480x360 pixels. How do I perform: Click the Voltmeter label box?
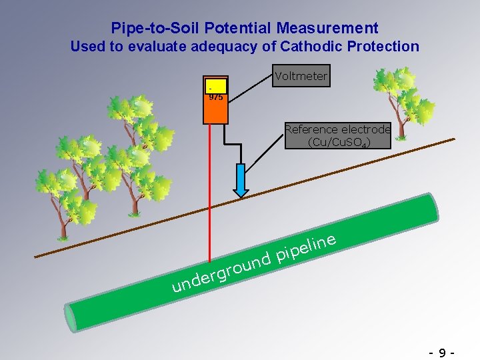[x=301, y=76]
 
